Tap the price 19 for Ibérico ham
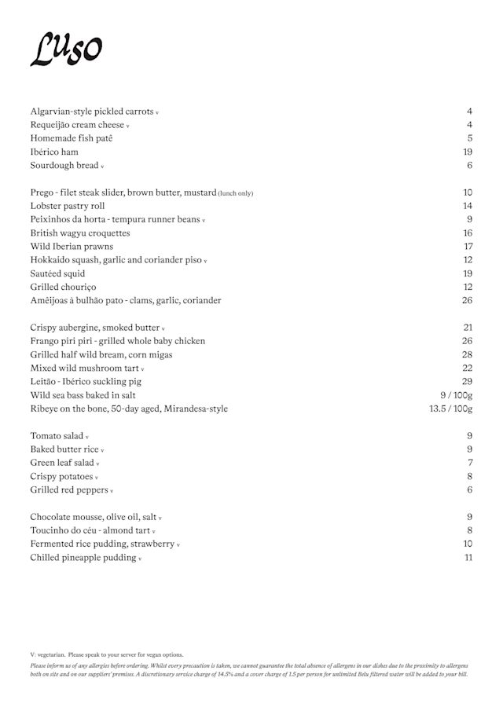point(467,152)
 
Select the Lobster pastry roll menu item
point(67,206)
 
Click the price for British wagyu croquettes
point(467,233)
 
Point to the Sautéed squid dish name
point(57,273)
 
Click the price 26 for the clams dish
point(467,300)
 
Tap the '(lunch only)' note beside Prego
point(236,193)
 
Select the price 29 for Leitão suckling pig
point(467,381)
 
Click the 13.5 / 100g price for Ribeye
point(450,409)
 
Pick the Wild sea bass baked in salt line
point(83,395)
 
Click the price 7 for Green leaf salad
point(469,463)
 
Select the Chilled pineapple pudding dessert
point(83,558)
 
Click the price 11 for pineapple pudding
point(468,558)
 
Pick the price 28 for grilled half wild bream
point(467,354)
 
